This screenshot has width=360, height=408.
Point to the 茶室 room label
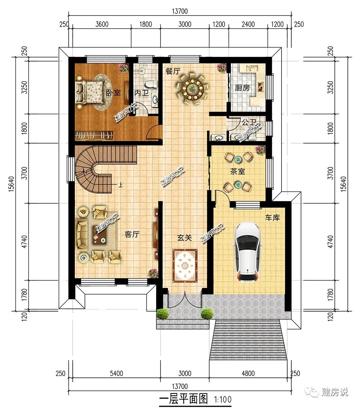[x=237, y=171]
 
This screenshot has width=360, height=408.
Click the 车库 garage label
[x=272, y=218]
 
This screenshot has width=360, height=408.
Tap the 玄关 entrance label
[x=185, y=237]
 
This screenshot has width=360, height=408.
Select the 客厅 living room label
[x=132, y=235]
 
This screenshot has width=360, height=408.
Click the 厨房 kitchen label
[x=242, y=88]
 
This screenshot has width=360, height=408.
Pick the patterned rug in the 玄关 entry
[x=185, y=266]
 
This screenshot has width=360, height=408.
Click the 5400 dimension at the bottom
[x=116, y=373]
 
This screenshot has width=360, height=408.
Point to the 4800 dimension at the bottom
[x=248, y=373]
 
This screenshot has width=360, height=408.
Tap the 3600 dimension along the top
[x=102, y=24]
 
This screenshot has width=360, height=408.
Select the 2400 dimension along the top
[x=248, y=24]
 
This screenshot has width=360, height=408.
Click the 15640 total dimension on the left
[x=12, y=184]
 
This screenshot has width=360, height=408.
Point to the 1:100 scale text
[x=222, y=399]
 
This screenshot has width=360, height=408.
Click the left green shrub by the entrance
[x=163, y=313]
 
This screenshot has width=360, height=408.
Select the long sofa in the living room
[x=81, y=235]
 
